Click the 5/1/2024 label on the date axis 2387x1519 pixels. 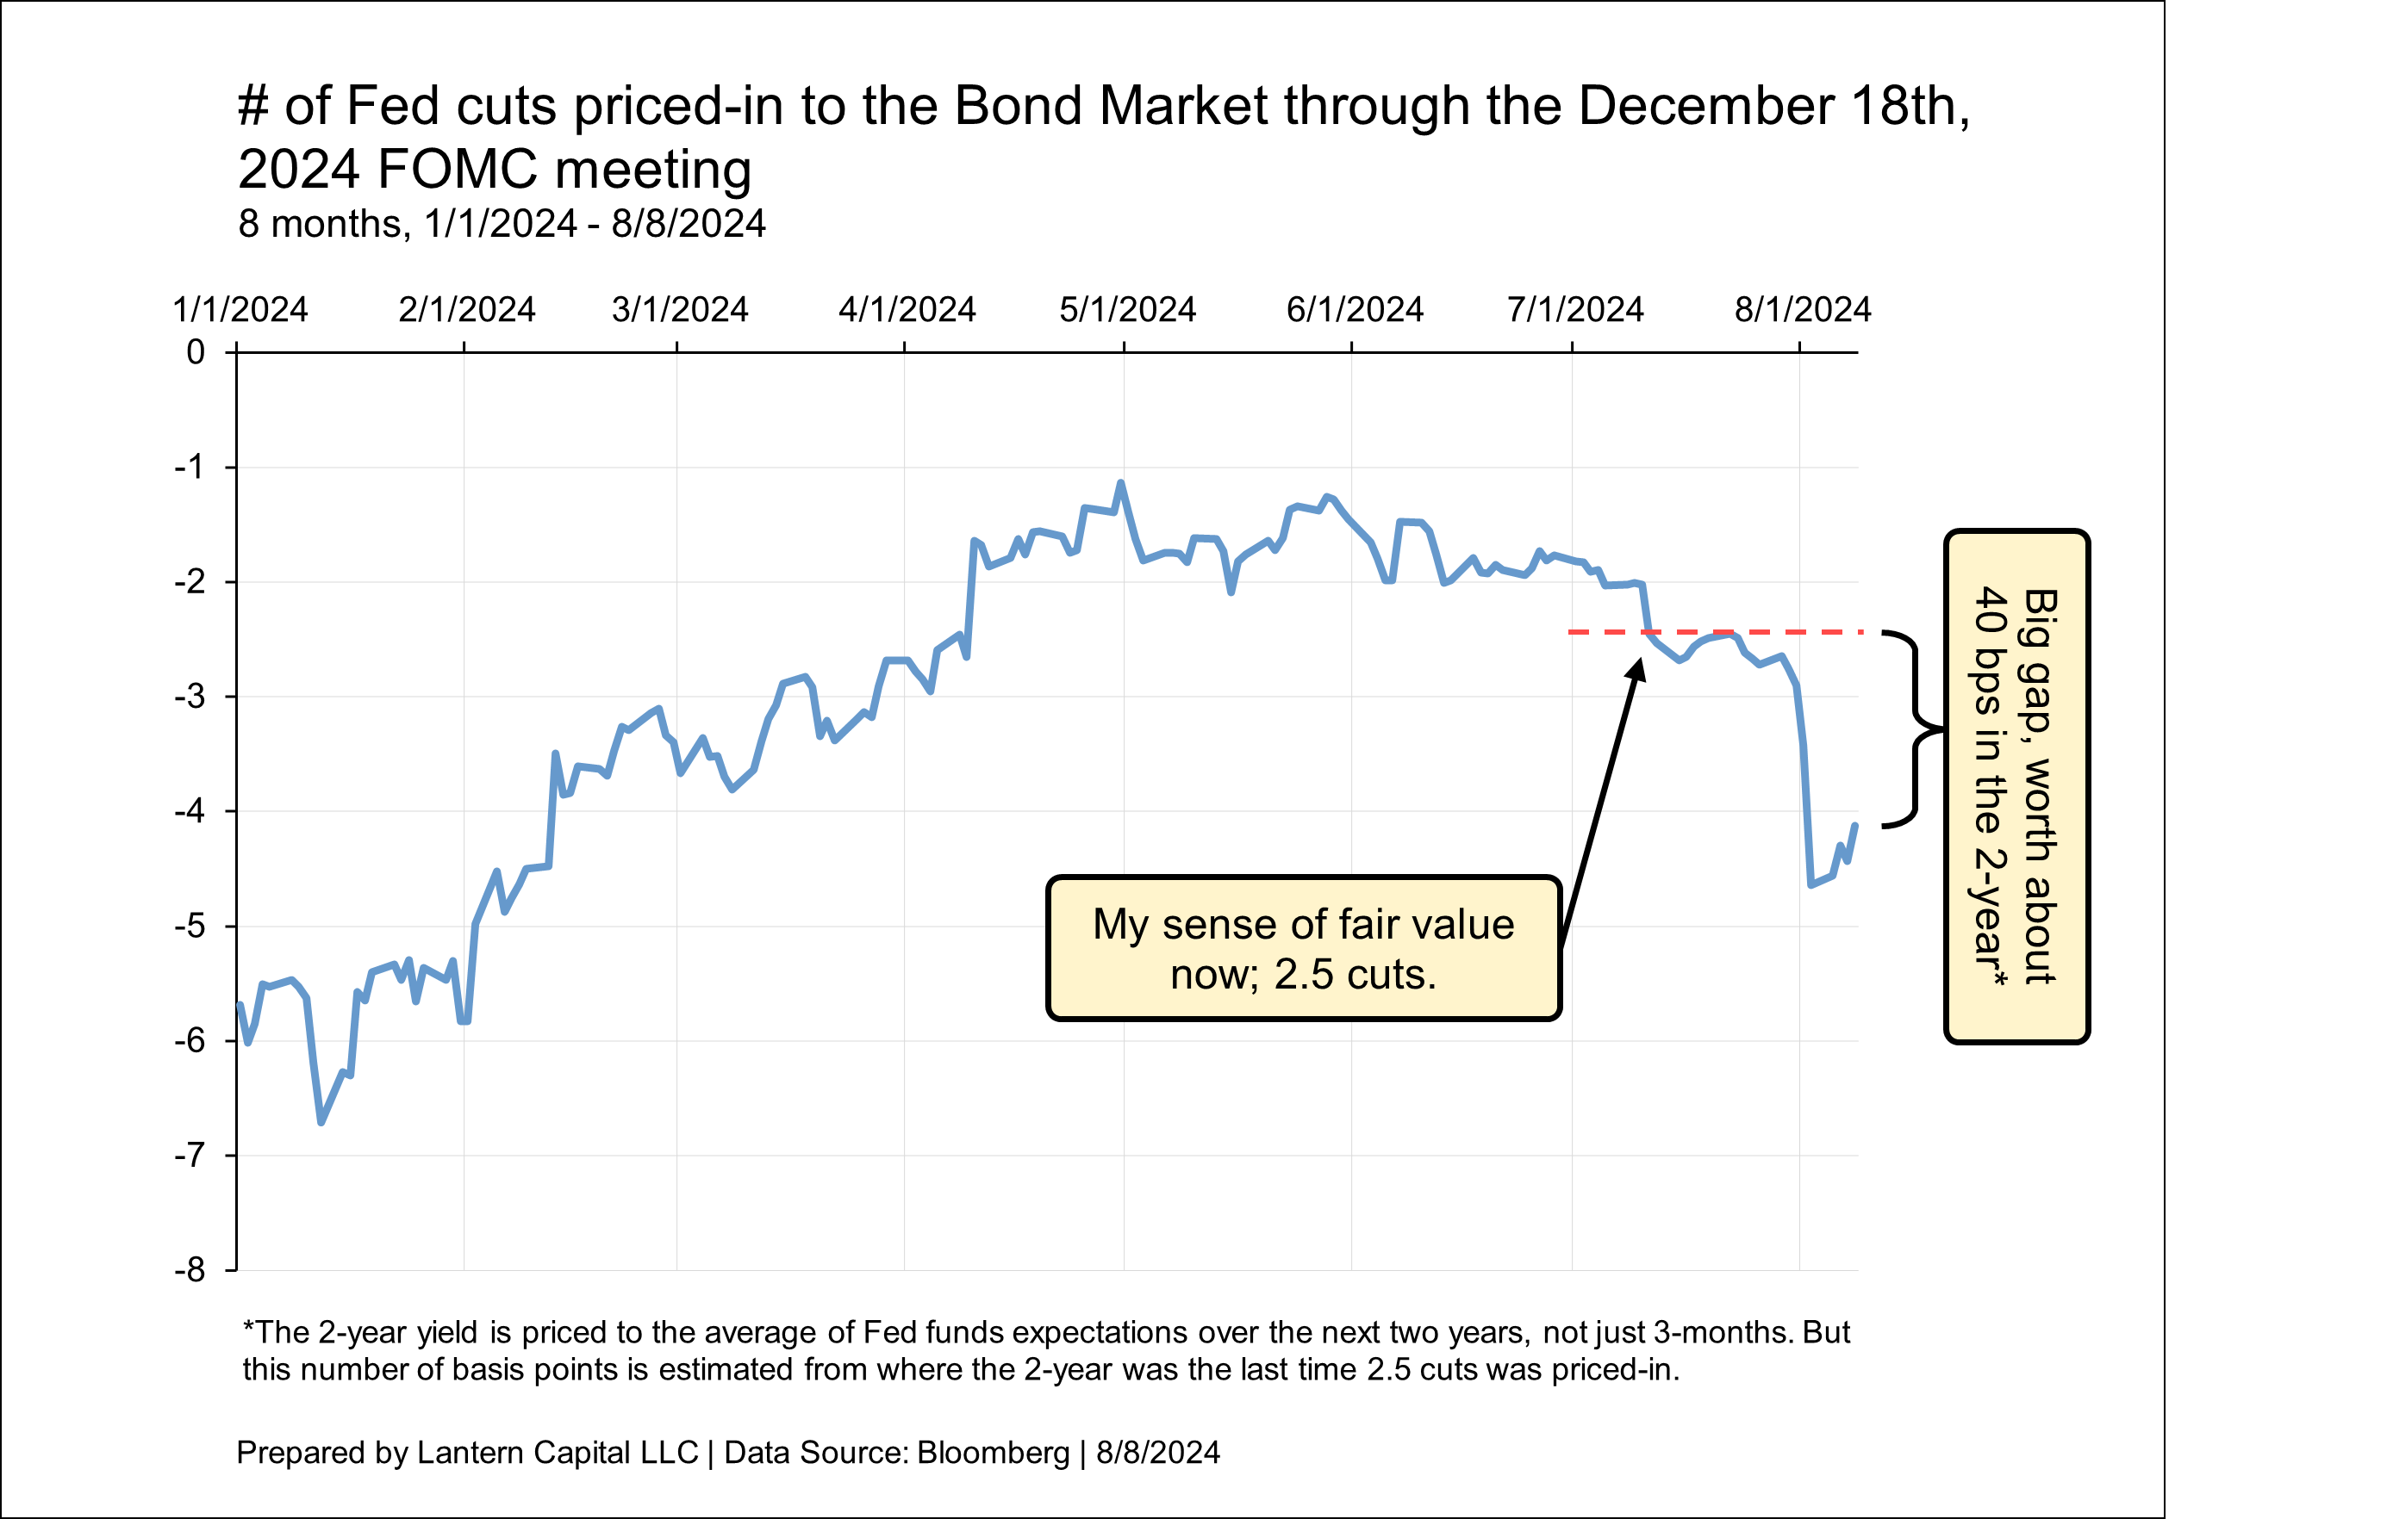(1127, 310)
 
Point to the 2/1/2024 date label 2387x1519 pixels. (466, 310)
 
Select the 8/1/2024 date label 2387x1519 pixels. (1802, 310)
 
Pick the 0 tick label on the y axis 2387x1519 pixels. (196, 351)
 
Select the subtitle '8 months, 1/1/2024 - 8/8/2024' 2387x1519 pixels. (502, 224)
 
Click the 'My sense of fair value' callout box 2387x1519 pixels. (1304, 948)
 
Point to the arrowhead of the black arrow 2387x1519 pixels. (1638, 668)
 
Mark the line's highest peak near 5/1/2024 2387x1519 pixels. (1121, 484)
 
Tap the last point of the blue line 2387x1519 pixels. (1854, 826)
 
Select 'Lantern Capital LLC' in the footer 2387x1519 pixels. (557, 1453)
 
